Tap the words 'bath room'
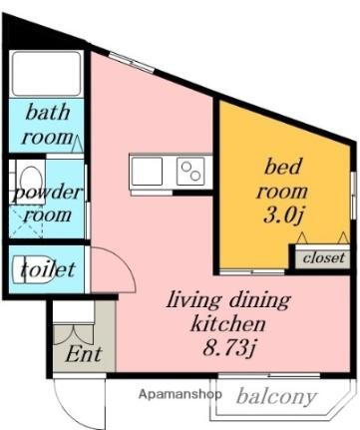click(47, 124)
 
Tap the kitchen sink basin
click(147, 172)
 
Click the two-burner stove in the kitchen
click(191, 172)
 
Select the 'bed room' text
click(284, 176)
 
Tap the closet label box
click(322, 256)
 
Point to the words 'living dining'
click(228, 299)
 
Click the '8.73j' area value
click(228, 349)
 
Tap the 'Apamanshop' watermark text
click(173, 394)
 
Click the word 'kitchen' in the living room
click(228, 324)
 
